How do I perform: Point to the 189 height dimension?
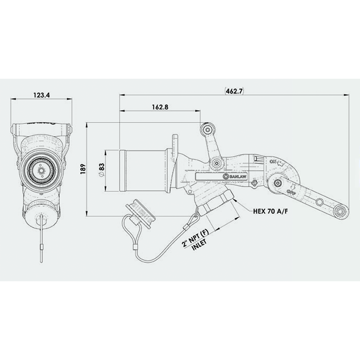[82, 168]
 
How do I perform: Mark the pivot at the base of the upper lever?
[217, 162]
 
